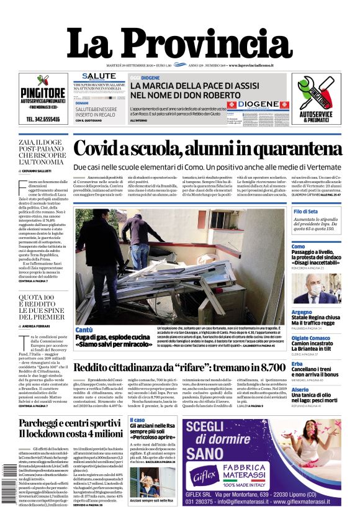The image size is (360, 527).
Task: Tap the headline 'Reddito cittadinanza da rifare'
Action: [x=179, y=367]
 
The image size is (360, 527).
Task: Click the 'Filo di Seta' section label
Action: [x=306, y=212]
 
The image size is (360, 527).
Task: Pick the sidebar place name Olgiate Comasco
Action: [x=311, y=338]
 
